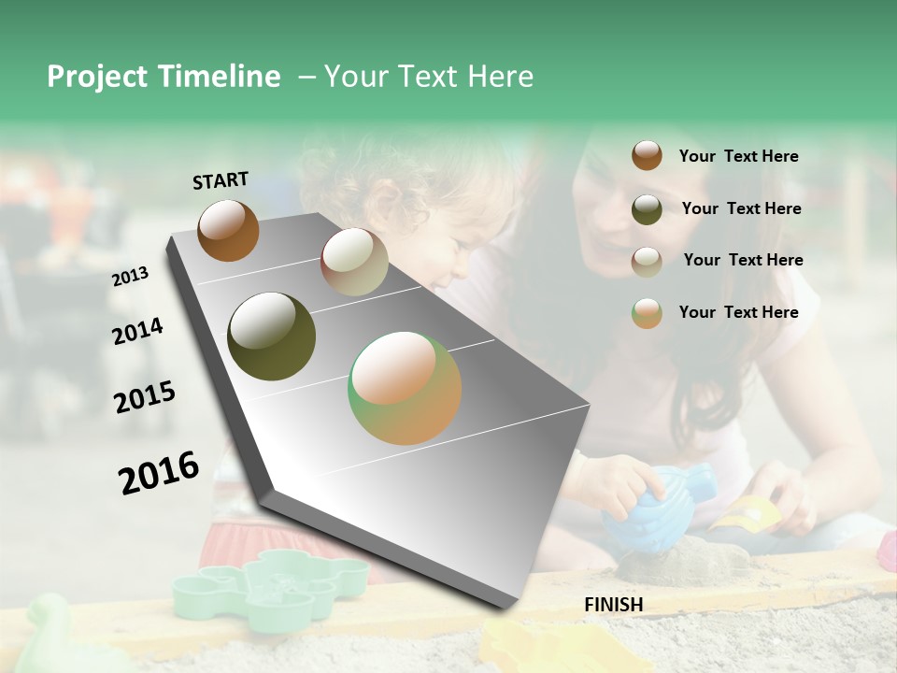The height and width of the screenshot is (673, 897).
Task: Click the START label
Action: click(221, 180)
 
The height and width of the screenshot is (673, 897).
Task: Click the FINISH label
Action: click(613, 605)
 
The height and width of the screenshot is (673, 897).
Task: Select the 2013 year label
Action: click(130, 277)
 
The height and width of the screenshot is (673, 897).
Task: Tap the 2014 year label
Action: click(137, 331)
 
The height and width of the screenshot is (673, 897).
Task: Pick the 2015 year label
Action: click(144, 397)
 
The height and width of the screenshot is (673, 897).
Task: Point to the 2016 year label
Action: click(158, 472)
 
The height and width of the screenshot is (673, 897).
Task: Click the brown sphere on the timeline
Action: click(228, 230)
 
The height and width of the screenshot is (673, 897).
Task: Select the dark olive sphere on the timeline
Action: click(271, 336)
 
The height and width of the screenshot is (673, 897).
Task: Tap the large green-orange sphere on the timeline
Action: click(405, 388)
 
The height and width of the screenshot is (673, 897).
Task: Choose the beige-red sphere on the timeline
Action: click(354, 262)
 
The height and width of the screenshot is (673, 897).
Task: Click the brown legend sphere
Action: click(647, 155)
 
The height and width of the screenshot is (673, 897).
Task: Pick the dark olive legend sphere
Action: click(647, 209)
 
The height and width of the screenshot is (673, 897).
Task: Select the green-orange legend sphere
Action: click(647, 313)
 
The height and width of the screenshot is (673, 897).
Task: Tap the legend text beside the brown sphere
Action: click(738, 156)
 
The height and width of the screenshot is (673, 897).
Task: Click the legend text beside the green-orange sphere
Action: click(738, 312)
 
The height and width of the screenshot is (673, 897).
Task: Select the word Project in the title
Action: click(98, 77)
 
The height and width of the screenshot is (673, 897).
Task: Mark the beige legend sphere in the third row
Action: click(647, 262)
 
